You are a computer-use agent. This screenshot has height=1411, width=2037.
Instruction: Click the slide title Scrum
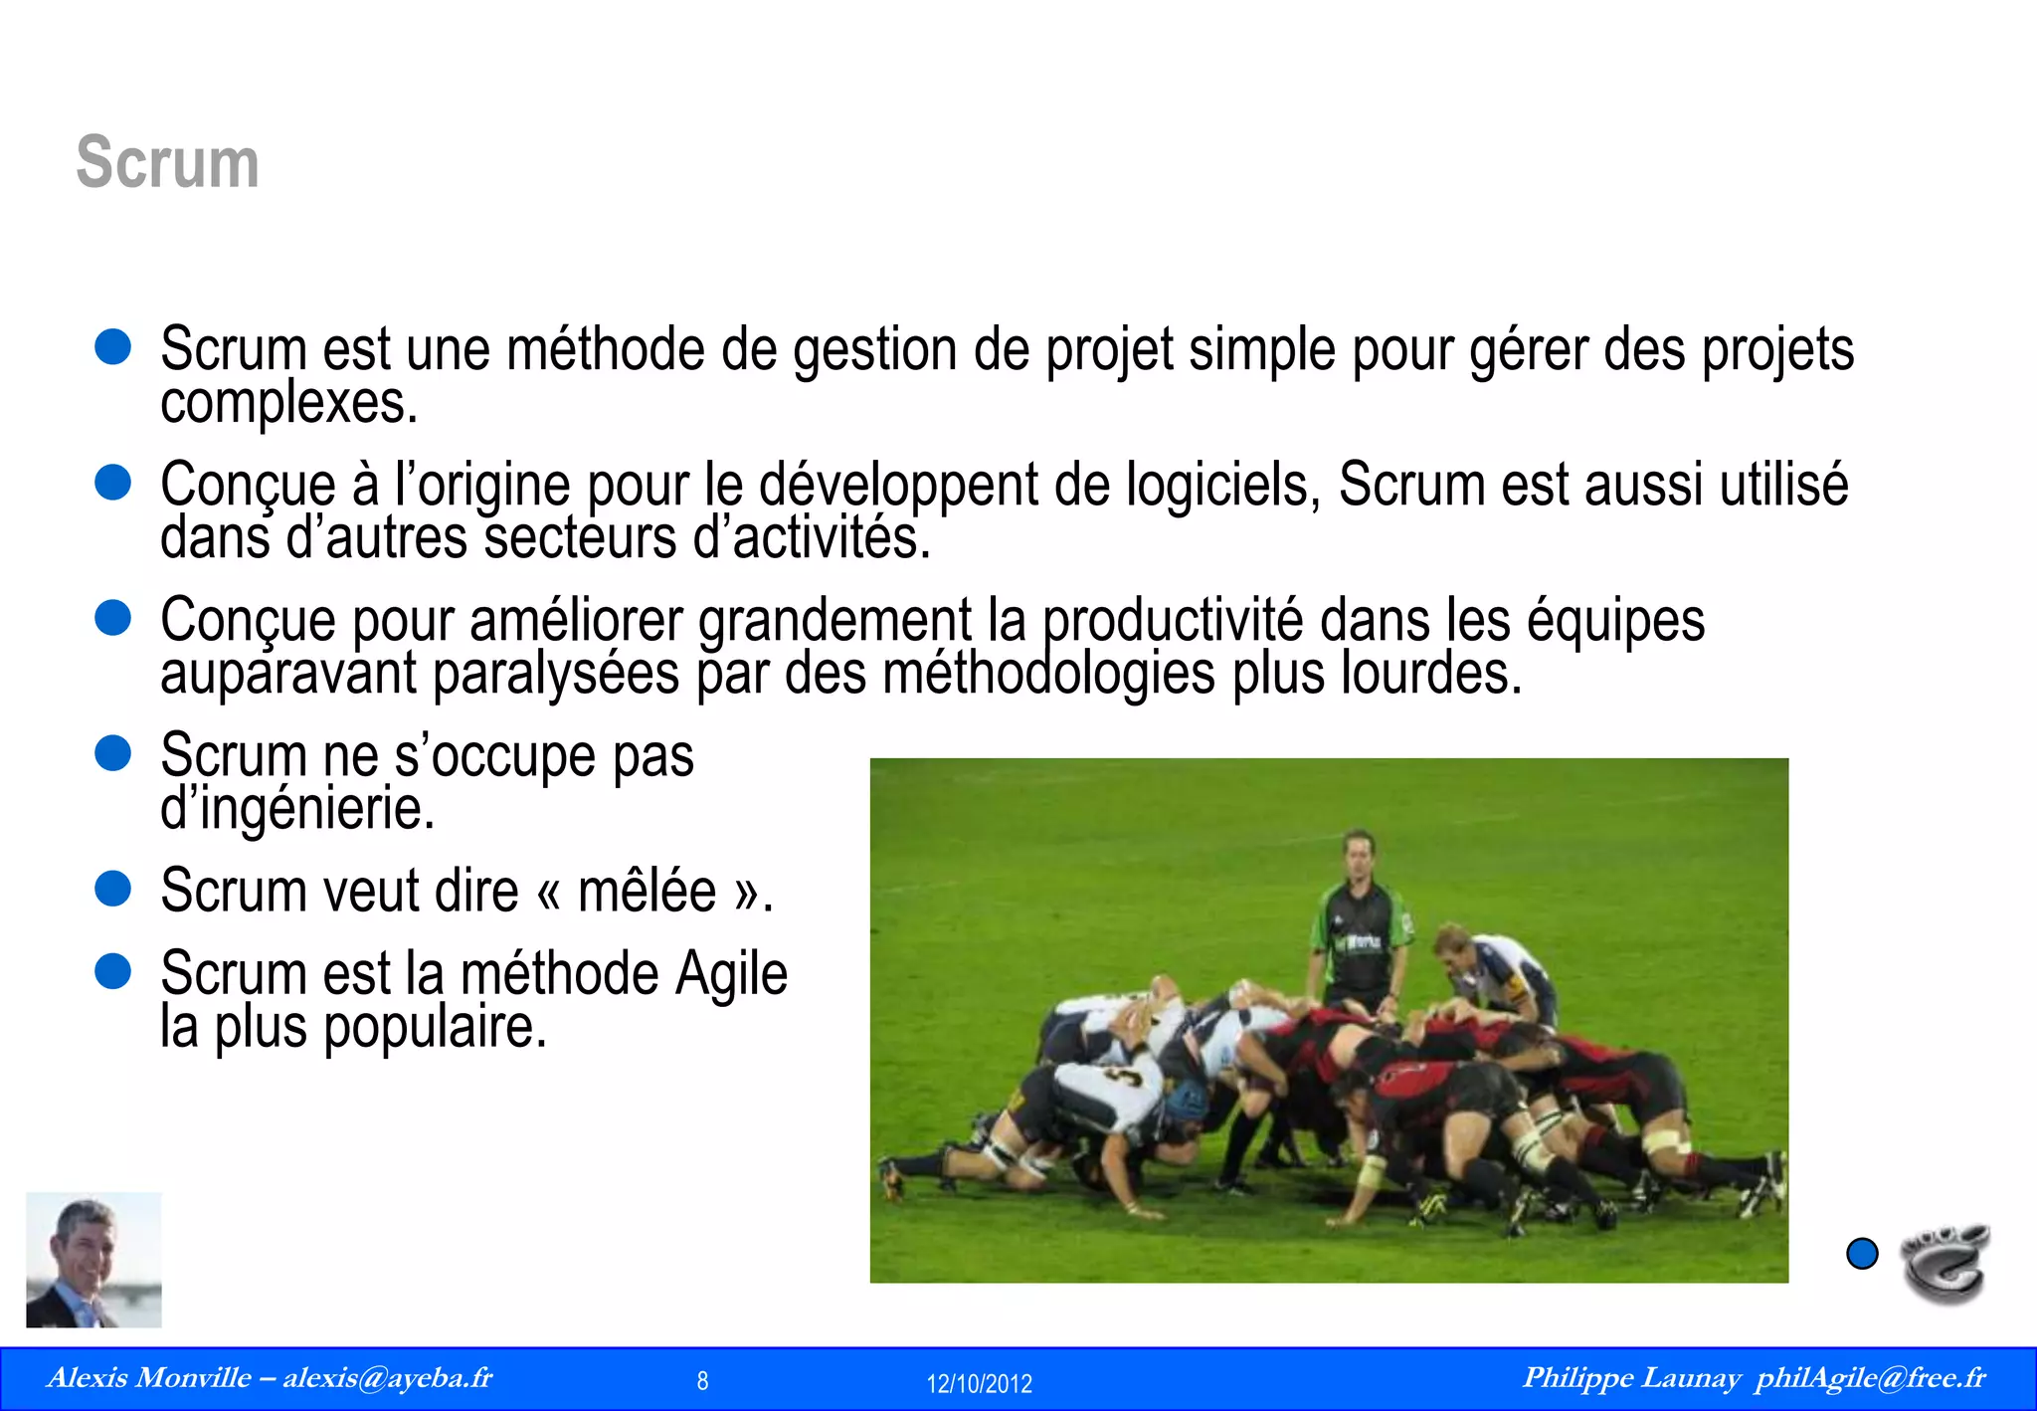coord(167,162)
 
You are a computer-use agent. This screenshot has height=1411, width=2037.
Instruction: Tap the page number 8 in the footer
coord(702,1381)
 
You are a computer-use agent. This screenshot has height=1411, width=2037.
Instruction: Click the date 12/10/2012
coord(979,1383)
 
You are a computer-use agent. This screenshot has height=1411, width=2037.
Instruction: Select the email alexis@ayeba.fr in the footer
coord(387,1378)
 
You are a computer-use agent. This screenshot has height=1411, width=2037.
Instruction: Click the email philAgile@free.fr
coord(1870,1378)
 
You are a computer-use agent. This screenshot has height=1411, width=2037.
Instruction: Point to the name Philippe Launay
coord(1631,1378)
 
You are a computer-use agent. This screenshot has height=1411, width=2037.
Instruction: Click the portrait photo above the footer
coord(93,1260)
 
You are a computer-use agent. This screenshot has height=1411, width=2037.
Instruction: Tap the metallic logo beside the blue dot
coord(1944,1262)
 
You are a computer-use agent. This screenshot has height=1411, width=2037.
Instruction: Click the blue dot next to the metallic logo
coord(1862,1254)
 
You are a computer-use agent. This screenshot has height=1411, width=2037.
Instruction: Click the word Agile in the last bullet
coord(731,973)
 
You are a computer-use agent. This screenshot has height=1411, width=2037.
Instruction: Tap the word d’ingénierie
coord(297,808)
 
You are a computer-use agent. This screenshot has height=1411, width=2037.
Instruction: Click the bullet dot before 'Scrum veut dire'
coord(113,889)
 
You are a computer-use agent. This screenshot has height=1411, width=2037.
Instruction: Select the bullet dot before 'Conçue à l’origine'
coord(113,483)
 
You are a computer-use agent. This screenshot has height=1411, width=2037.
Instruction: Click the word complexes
coord(288,403)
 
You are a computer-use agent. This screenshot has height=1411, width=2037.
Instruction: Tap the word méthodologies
coord(1049,674)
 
